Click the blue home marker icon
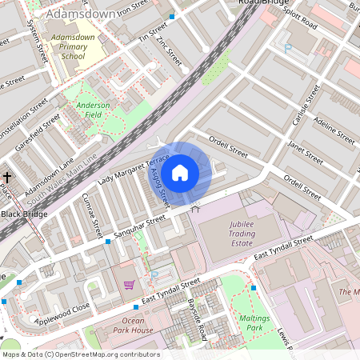coord(180,172)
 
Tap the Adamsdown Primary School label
coord(67,47)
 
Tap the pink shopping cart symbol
coord(129,284)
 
